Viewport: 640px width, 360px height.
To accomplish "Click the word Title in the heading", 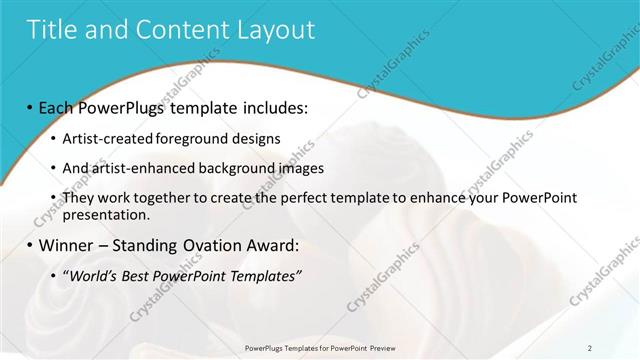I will (x=52, y=30).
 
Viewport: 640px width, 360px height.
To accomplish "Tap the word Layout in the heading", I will (x=275, y=30).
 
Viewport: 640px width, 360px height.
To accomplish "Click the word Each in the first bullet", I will (x=61, y=107).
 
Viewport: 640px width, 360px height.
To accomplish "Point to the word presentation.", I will (x=106, y=214).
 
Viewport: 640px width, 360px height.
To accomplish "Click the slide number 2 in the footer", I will (x=590, y=348).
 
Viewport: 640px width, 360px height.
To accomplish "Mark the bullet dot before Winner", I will (x=30, y=245).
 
